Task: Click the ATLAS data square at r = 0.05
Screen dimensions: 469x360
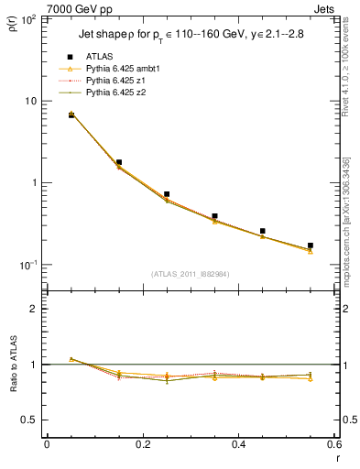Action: tap(71, 115)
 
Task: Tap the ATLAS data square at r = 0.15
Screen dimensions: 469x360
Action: tap(119, 162)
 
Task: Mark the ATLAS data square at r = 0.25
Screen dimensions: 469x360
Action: tap(167, 194)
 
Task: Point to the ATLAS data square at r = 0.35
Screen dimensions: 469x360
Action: tap(214, 216)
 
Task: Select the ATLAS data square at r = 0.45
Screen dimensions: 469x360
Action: tap(263, 231)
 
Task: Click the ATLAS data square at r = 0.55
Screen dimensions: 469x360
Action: tap(311, 245)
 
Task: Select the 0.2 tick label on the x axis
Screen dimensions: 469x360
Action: tap(142, 444)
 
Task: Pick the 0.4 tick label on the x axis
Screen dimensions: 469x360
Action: tap(238, 444)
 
